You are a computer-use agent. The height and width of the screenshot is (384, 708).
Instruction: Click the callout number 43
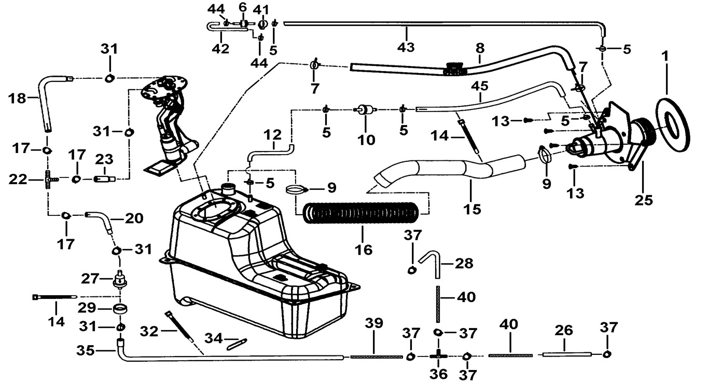[406, 47]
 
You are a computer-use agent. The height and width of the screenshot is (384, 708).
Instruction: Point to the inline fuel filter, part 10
[365, 110]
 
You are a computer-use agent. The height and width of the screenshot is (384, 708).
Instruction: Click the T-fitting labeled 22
[48, 180]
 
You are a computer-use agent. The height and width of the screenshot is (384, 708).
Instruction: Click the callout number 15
[472, 209]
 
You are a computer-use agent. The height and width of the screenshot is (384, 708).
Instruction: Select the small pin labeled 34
[237, 344]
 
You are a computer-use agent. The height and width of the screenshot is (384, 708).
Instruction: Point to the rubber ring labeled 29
[120, 308]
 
